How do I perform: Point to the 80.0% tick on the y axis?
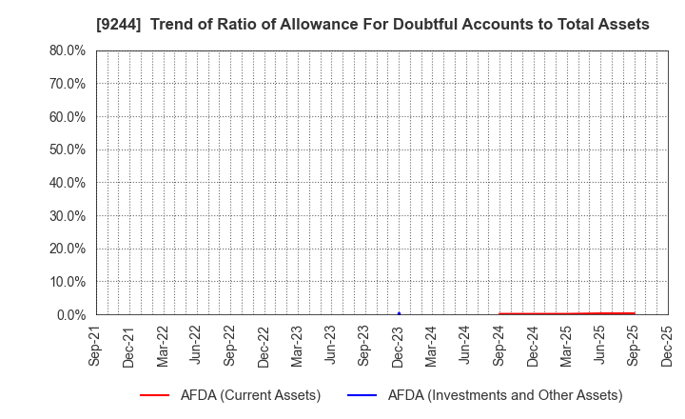point(68,50)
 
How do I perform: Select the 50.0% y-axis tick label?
point(68,150)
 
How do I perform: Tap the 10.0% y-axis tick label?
point(68,282)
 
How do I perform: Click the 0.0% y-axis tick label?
point(71,314)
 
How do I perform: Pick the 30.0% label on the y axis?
point(68,215)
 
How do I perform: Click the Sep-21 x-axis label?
point(95,346)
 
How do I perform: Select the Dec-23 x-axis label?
point(399,346)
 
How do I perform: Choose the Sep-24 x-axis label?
point(499,346)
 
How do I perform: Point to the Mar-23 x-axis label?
point(298,346)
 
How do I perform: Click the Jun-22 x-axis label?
point(196,346)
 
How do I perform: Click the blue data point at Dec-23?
point(399,313)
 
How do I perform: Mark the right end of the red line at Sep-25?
point(634,312)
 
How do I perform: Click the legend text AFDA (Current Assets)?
point(250,395)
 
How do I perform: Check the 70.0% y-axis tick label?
point(68,84)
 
